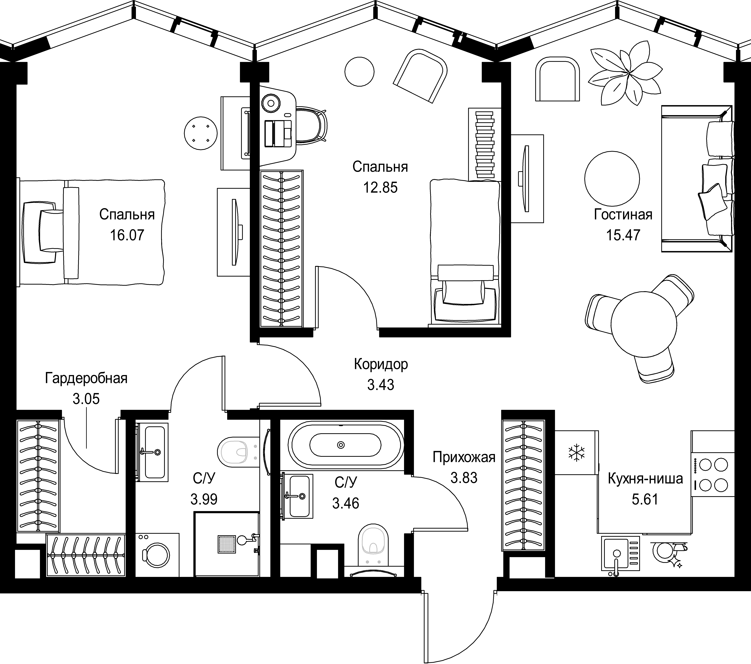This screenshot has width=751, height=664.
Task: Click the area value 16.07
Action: point(127,235)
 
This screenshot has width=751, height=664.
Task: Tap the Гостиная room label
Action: point(623,214)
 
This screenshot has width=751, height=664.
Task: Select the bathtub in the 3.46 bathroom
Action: point(345,445)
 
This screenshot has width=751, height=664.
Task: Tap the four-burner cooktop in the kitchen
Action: point(713,475)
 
